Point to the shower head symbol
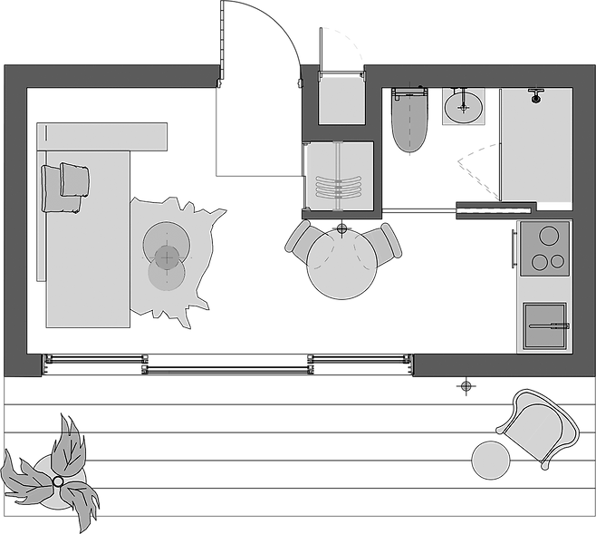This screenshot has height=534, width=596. (x=535, y=93)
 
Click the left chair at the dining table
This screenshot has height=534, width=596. (x=301, y=240)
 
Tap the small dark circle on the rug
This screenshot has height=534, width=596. (x=165, y=258)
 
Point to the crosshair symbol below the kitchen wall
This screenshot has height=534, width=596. (x=466, y=386)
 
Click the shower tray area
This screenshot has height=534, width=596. (x=536, y=150)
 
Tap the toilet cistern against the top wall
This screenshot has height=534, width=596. (x=409, y=92)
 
